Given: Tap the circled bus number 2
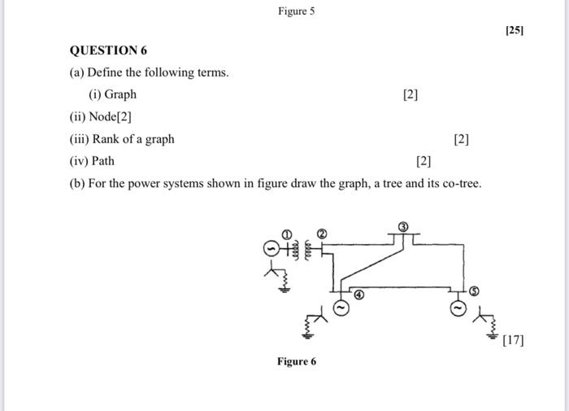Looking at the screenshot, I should [x=322, y=234].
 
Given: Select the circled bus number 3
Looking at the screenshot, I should [x=403, y=225].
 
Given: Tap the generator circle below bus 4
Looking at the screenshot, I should [x=341, y=308].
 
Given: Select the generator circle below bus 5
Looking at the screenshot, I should [x=458, y=308].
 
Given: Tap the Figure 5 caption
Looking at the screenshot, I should [x=296, y=11].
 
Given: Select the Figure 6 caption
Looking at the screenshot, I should [x=296, y=361].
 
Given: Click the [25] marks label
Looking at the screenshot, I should [x=515, y=31].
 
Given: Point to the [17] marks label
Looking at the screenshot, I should [x=514, y=340].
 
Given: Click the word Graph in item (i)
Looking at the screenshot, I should [x=120, y=94].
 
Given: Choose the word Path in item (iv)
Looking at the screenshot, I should [x=103, y=161].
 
